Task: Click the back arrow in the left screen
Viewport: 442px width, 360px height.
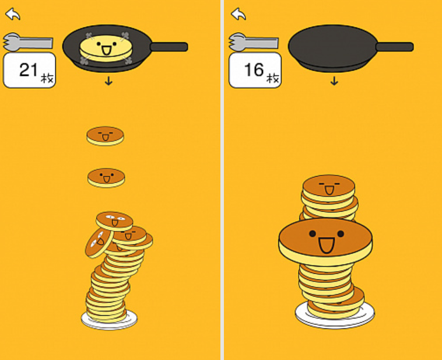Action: [13, 14]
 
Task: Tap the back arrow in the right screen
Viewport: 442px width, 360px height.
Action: [238, 14]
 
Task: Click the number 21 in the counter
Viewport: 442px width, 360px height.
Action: [28, 69]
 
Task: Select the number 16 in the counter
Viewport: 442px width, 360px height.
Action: [254, 69]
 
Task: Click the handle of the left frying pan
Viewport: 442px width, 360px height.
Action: [169, 47]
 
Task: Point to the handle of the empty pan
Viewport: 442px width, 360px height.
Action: [395, 47]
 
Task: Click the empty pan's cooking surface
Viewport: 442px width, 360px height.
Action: [332, 45]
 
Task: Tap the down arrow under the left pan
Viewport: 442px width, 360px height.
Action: [108, 81]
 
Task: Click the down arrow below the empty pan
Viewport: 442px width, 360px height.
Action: [334, 81]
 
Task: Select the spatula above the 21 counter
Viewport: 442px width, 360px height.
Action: [27, 43]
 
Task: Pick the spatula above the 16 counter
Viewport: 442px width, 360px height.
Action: [253, 43]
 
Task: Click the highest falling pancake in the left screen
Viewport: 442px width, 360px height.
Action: [105, 136]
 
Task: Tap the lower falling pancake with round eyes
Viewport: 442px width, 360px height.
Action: [106, 178]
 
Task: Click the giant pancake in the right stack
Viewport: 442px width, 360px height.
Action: [325, 242]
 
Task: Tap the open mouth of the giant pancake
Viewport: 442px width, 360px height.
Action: [327, 245]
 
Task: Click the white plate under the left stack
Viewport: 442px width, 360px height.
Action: [110, 320]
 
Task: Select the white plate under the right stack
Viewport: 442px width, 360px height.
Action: [335, 314]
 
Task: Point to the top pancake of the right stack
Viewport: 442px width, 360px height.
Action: [329, 188]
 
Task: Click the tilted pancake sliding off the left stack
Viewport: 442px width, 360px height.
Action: [99, 243]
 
